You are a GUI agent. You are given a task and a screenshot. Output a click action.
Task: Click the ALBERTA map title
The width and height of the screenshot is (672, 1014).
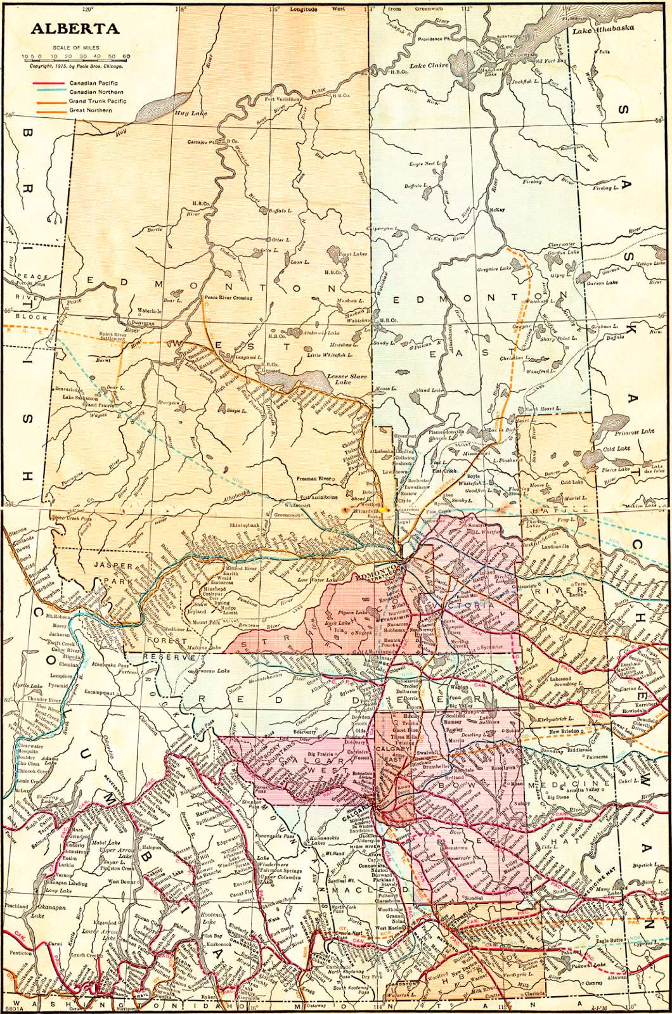(x=74, y=29)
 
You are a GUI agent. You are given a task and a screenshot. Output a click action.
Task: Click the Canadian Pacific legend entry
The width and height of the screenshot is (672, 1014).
(x=93, y=83)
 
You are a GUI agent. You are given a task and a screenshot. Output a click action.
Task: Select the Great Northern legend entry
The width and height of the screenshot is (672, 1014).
(x=90, y=110)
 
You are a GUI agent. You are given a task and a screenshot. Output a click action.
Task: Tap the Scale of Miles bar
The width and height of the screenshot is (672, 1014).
(x=76, y=56)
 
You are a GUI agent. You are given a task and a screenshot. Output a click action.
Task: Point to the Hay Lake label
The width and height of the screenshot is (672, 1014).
(x=190, y=113)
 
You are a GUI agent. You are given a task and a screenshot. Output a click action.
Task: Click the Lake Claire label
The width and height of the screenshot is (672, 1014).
(x=429, y=65)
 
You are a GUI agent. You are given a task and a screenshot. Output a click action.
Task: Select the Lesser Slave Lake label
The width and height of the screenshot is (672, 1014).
(x=342, y=379)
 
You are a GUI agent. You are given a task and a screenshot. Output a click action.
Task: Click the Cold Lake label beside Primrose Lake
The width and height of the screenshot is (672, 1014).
(x=617, y=449)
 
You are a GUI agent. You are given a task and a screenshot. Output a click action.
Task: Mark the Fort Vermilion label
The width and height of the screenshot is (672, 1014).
(x=282, y=99)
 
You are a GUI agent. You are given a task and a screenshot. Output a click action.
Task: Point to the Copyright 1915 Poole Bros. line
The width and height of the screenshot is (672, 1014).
(x=77, y=66)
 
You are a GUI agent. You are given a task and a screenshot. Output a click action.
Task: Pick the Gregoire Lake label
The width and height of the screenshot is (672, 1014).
(x=494, y=269)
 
